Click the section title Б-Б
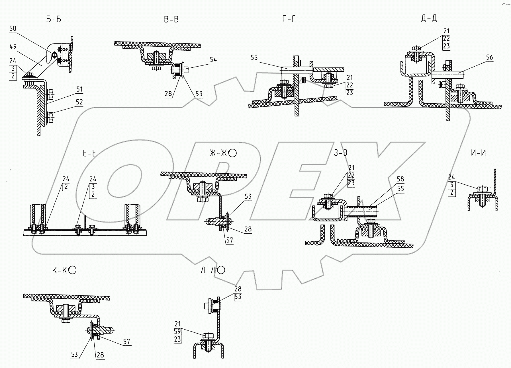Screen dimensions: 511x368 point(54,19)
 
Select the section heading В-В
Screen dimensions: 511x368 point(171,19)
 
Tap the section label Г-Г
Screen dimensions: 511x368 point(289,19)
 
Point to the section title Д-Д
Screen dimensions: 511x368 point(429,18)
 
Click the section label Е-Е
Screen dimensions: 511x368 point(89,153)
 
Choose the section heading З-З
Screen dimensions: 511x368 point(341,153)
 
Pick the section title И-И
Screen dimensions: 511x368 point(479,153)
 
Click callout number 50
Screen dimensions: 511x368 point(13,28)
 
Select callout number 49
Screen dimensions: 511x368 point(13,46)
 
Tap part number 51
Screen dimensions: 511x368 point(79,89)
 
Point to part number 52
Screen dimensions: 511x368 point(79,102)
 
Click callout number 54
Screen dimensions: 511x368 point(213,59)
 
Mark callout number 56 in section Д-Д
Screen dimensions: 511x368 point(489,57)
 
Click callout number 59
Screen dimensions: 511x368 point(177,332)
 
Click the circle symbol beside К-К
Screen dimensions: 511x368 point(73,270)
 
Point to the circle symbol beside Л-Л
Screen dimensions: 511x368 point(221,270)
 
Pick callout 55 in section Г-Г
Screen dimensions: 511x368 point(254,58)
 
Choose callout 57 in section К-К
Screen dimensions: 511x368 point(126,342)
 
